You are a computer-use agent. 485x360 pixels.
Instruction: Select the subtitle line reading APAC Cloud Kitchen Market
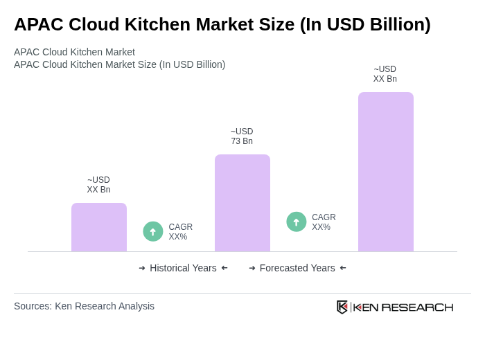coord(74,52)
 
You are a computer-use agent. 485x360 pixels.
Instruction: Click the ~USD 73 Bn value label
coord(242,136)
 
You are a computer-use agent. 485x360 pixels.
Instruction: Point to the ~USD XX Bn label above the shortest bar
coord(98,185)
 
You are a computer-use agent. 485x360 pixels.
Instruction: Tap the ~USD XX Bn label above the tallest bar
coord(385,74)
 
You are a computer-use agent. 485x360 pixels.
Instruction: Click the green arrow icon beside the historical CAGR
coord(153,232)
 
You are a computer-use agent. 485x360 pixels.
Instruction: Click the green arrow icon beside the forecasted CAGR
coord(297,222)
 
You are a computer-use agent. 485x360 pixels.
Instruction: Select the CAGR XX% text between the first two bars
coord(180,232)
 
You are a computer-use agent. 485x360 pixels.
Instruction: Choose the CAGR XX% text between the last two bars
coord(324,222)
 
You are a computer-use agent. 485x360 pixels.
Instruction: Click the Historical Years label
coord(183,268)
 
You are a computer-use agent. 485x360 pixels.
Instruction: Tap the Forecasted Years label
coord(297,268)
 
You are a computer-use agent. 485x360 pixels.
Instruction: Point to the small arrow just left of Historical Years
coord(142,268)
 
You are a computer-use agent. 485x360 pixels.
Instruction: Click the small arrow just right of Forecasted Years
coord(343,268)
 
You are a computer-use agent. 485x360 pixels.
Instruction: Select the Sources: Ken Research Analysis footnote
coord(84,306)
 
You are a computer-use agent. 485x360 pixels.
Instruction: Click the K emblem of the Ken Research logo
coord(342,307)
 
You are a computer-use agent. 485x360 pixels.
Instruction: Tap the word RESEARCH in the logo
coord(417,307)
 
